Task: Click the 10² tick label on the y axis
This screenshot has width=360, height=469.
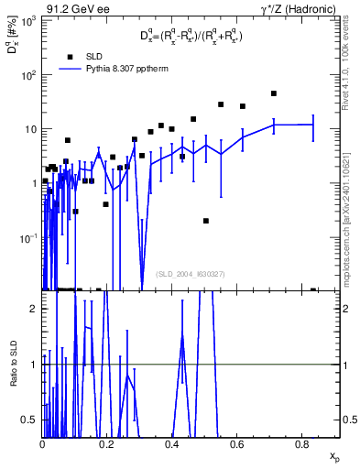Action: [27, 75]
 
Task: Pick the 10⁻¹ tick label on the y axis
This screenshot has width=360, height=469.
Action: [27, 237]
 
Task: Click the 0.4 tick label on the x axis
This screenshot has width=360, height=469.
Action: [172, 443]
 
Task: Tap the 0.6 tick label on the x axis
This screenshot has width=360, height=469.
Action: [237, 443]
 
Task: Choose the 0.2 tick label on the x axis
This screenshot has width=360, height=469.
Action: [107, 443]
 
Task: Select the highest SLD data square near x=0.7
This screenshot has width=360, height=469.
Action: [274, 93]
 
